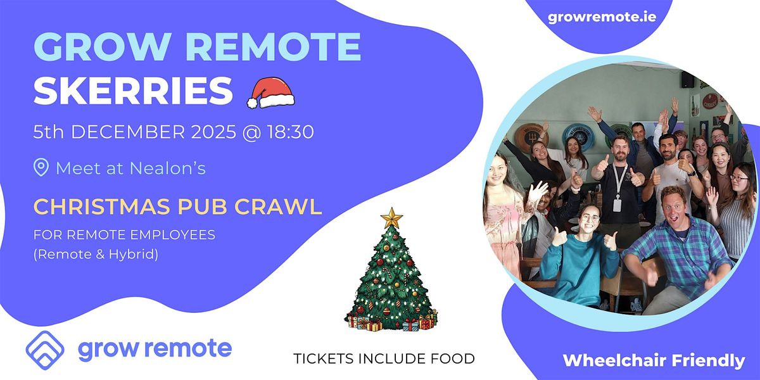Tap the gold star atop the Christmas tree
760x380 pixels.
click(x=391, y=218)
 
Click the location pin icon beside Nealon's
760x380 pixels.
click(x=41, y=168)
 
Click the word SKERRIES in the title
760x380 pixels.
click(x=133, y=92)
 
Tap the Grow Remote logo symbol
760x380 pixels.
click(x=45, y=349)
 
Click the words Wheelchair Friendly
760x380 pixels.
click(x=654, y=361)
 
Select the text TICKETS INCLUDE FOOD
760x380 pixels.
click(x=384, y=359)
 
